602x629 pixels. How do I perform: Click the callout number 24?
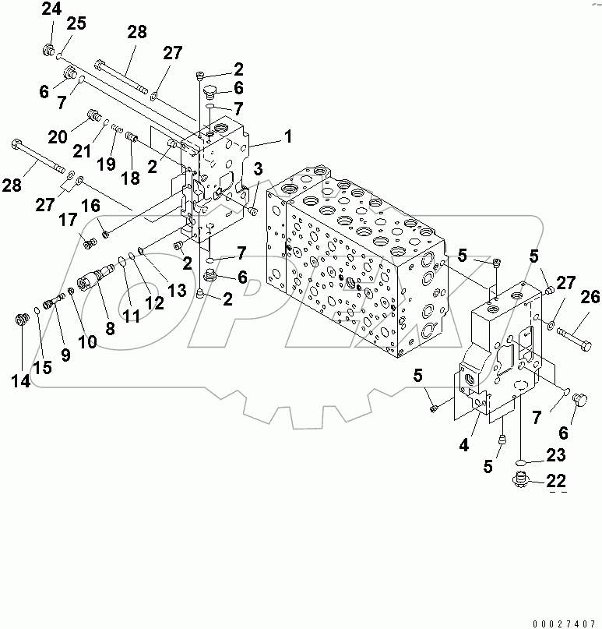51,9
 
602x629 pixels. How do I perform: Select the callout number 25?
75,24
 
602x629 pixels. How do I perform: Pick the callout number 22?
556,480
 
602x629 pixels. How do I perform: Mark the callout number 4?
463,446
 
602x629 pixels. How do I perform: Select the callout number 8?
110,329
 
